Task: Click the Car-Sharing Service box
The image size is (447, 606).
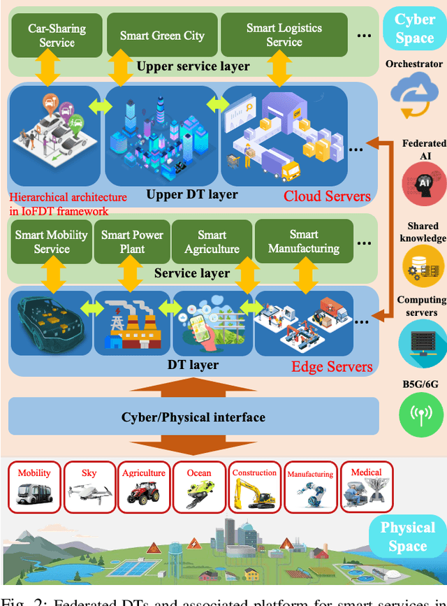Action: (x=57, y=36)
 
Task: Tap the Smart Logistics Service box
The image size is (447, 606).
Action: (x=284, y=36)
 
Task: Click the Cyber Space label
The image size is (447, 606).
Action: (x=414, y=29)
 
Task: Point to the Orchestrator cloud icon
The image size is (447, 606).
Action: (x=414, y=96)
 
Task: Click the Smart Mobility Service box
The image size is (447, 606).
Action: (x=52, y=242)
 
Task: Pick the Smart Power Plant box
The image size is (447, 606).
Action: (x=132, y=242)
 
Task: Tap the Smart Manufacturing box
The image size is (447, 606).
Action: (x=303, y=242)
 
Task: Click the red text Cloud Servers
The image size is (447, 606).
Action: (x=327, y=195)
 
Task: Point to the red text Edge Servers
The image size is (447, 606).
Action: (x=332, y=366)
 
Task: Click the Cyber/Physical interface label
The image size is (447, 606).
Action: (x=193, y=417)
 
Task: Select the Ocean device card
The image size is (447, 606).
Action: (x=199, y=486)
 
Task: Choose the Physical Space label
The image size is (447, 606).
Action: (x=408, y=536)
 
